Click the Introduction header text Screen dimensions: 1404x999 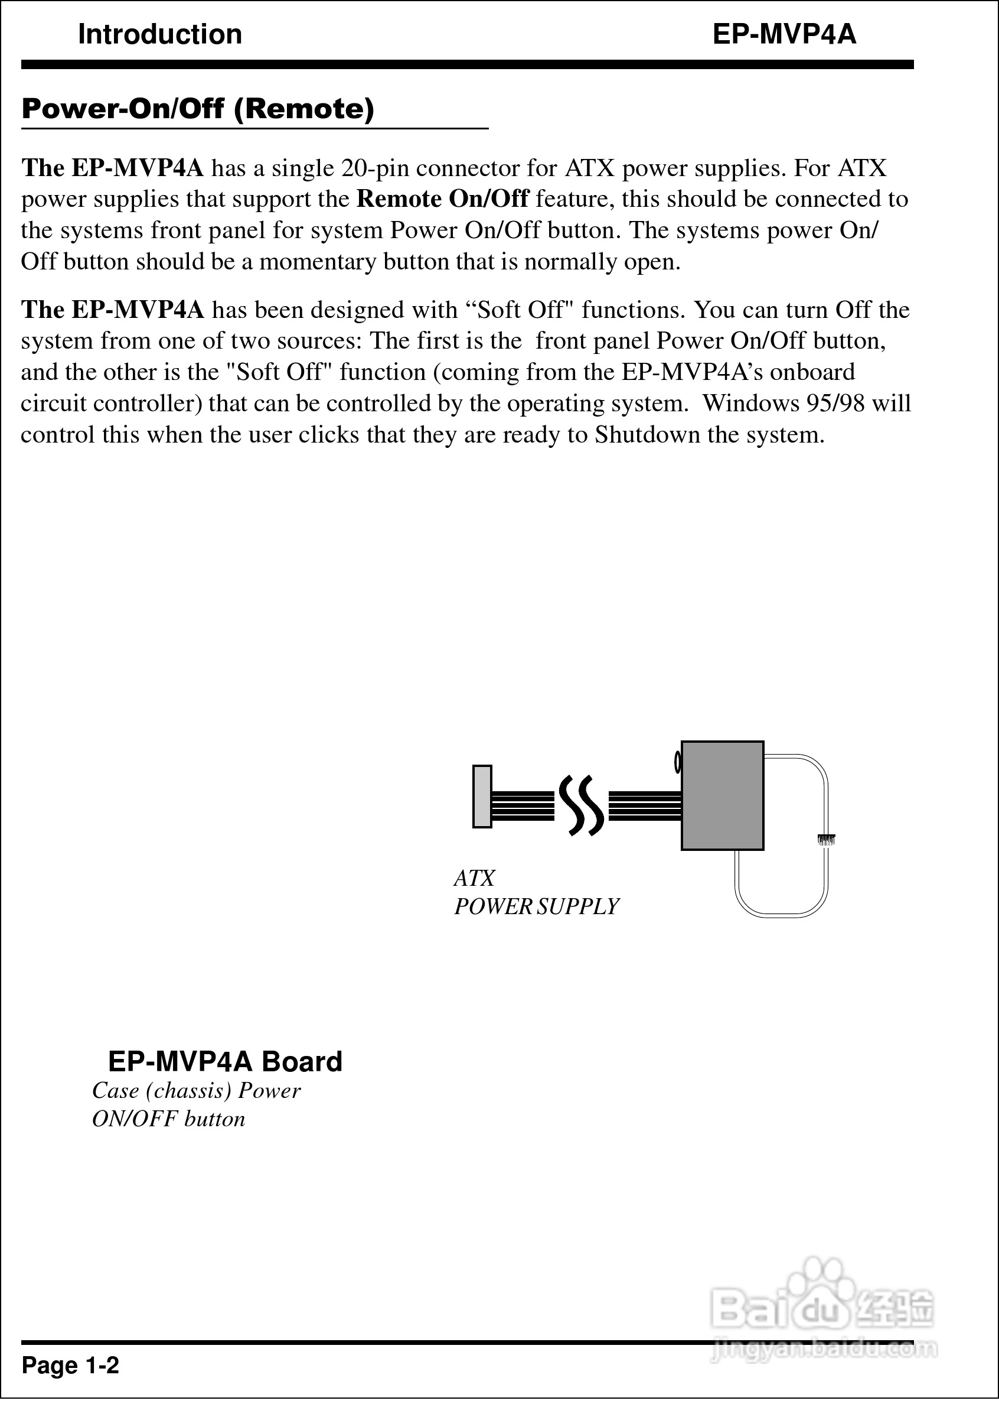[160, 34]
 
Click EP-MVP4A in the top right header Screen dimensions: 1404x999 [784, 34]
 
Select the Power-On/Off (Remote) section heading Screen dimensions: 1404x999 [197, 109]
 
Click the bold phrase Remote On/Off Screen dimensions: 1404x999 [443, 199]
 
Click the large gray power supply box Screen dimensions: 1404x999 [722, 795]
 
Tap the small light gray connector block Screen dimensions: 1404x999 [482, 796]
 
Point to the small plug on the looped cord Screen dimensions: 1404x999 [825, 838]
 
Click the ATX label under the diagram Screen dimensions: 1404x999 [474, 877]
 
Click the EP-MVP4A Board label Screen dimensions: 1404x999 [225, 1061]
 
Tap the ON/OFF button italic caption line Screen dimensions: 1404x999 [168, 1119]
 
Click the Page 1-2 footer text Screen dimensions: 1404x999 [70, 1365]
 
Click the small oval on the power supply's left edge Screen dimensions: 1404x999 [678, 762]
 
